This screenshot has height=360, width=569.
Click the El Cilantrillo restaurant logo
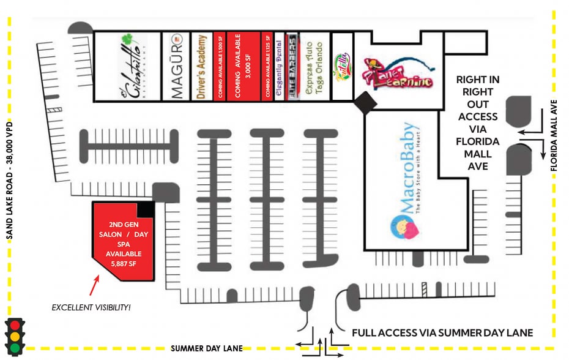click(127, 67)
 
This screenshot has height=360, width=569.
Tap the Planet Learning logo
click(399, 73)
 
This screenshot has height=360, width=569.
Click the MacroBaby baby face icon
click(403, 228)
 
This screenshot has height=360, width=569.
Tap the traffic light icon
click(15, 336)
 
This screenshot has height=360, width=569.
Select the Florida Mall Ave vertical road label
click(555, 138)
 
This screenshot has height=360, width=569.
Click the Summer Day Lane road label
click(206, 348)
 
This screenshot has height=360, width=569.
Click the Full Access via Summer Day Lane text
click(442, 333)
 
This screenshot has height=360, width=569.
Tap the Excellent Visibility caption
click(91, 306)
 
